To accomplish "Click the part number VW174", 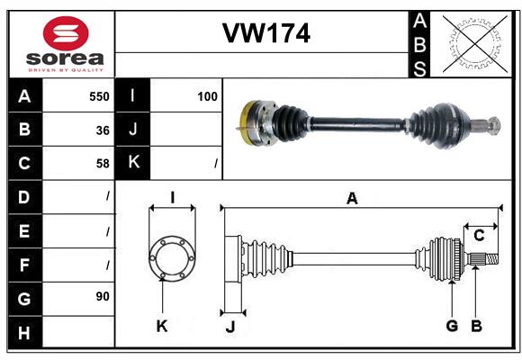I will [265, 33].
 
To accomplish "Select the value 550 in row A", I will [99, 95].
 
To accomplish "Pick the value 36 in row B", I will [103, 130].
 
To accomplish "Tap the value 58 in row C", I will [103, 164].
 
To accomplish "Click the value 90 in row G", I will [103, 296].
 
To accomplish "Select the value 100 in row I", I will [207, 95].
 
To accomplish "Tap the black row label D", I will [24, 196].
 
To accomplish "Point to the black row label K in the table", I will [133, 163].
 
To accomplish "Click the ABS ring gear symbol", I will [475, 43].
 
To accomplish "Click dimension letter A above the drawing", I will [352, 199].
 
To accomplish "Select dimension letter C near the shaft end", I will [480, 236].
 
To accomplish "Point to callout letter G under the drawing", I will [452, 326].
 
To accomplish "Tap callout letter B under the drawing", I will [477, 326].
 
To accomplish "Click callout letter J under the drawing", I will [229, 327].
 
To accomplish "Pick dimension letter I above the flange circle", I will [172, 198].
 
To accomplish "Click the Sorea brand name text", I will [66, 58].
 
